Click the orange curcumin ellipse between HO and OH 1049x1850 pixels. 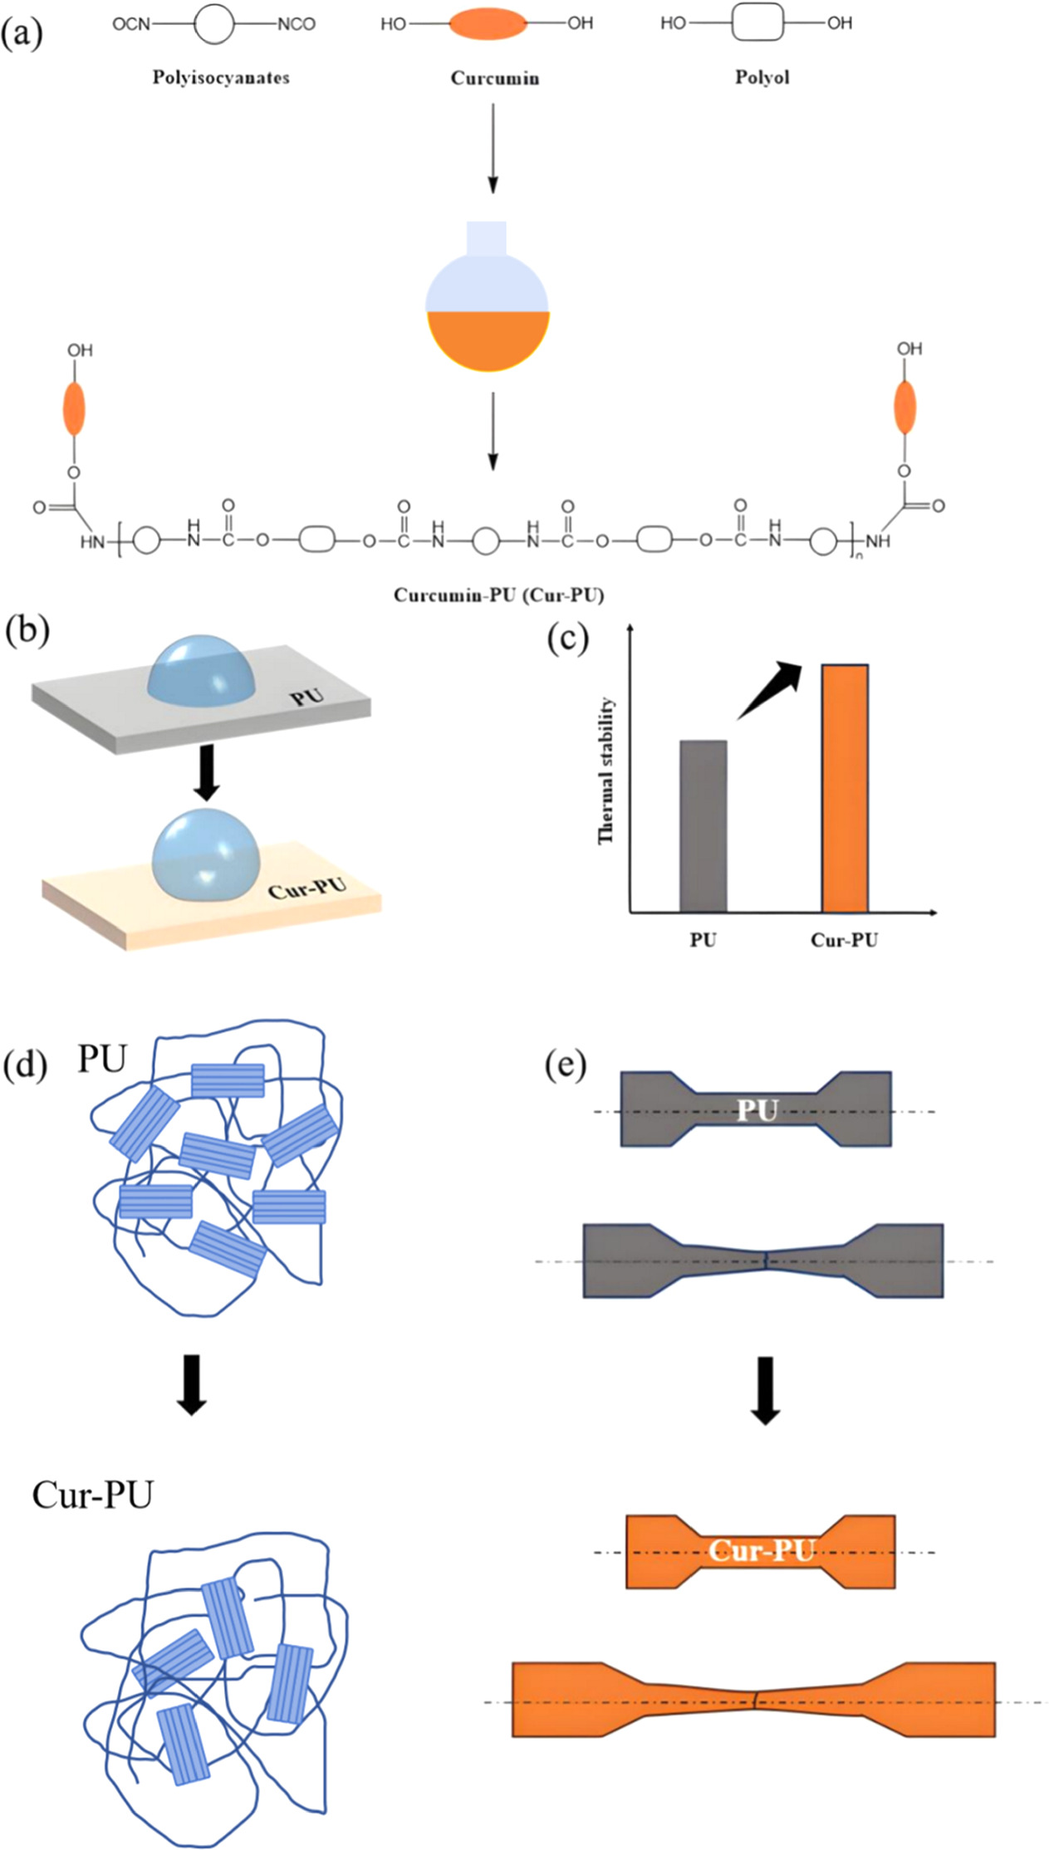click(488, 24)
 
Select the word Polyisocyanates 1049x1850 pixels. click(221, 77)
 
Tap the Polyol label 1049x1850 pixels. click(762, 77)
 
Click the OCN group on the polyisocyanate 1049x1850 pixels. click(131, 24)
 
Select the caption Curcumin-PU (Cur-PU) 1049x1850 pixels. click(498, 595)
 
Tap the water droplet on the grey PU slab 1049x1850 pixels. click(201, 669)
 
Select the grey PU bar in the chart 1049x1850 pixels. click(703, 826)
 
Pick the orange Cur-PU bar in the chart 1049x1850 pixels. click(845, 788)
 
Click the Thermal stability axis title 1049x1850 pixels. click(606, 770)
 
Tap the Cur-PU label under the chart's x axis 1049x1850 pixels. click(844, 940)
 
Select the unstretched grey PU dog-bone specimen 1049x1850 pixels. click(756, 1109)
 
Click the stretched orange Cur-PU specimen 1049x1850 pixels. click(753, 1699)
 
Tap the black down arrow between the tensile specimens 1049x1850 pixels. click(764, 1391)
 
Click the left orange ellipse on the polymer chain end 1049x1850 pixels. click(74, 409)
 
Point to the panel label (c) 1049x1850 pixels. click(567, 638)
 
